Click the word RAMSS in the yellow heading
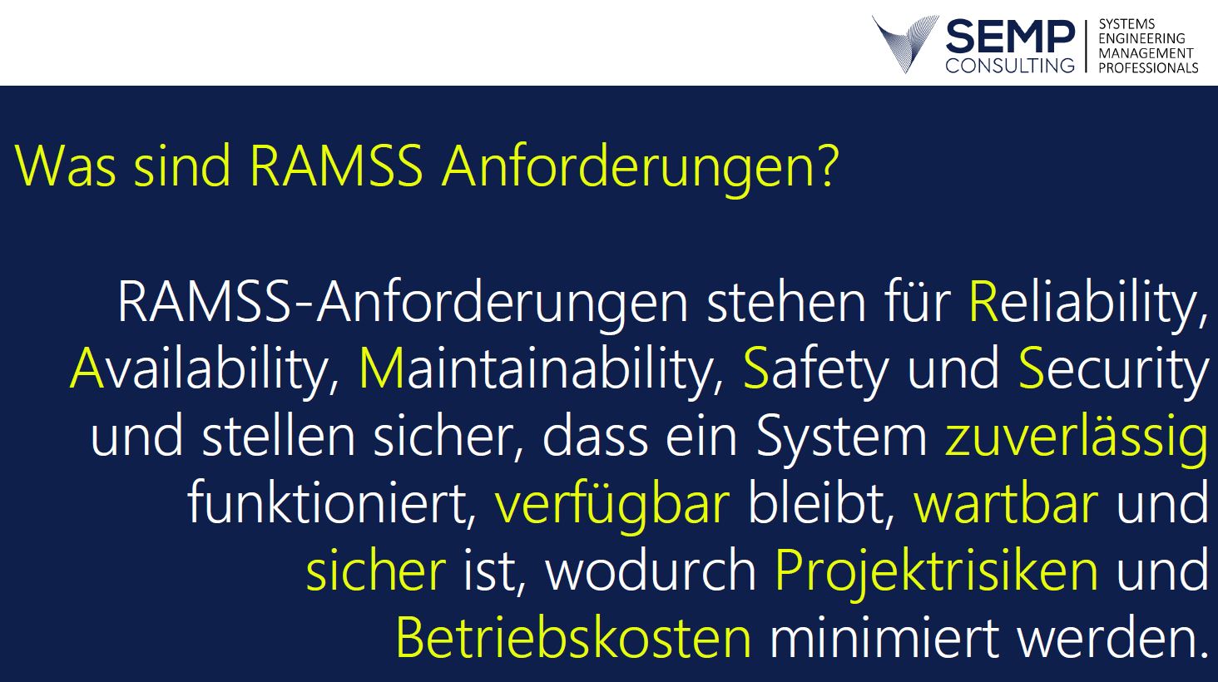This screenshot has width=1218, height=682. pos(336,166)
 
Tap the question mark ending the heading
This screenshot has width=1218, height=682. pos(823,166)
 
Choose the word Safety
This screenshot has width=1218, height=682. pos(815,369)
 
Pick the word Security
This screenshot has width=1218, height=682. pos(1112,369)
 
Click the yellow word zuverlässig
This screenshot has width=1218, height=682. pos(1076,437)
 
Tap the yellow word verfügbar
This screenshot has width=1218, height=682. pos(611,505)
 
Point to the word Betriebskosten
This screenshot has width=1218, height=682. pos(573,638)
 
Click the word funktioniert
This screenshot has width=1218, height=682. pos(332,502)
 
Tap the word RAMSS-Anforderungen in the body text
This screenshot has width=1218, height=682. pos(403,302)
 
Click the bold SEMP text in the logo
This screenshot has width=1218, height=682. pos(1010,37)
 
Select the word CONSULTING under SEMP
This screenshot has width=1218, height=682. pos(1010,65)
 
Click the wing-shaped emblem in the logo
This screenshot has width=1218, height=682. pos(904,43)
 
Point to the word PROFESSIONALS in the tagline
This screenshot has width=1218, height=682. pos(1148,68)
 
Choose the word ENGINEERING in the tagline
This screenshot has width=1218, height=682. pos(1141,38)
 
